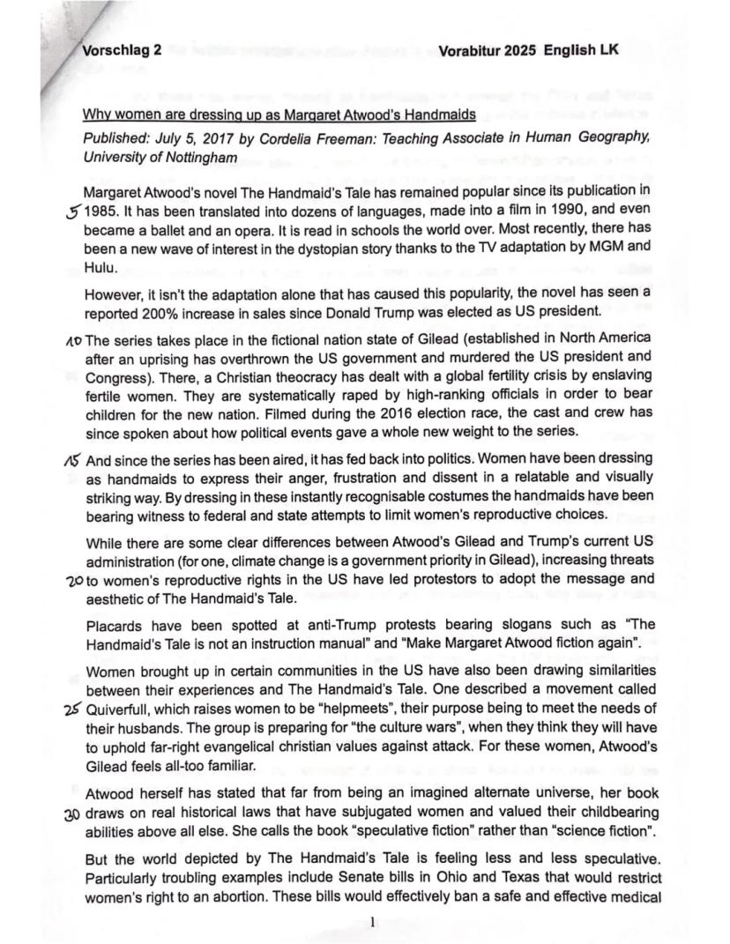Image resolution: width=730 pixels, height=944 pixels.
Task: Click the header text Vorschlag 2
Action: point(122,50)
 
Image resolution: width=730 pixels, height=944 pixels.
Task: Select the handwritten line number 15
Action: point(74,459)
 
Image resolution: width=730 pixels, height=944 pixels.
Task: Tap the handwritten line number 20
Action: point(73,582)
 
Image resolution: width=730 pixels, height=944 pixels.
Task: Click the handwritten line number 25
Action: point(73,711)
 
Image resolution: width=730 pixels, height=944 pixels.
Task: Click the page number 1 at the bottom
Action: point(373,922)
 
